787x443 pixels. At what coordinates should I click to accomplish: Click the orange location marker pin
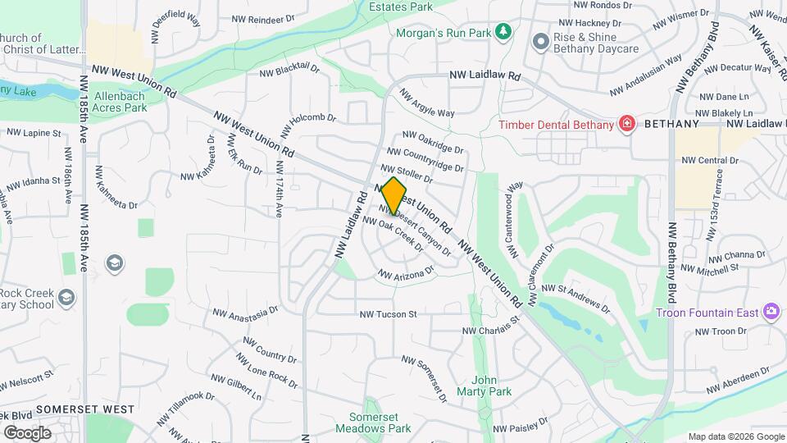pyautogui.click(x=393, y=194)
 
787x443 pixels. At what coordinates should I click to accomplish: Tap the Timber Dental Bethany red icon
pyautogui.click(x=627, y=124)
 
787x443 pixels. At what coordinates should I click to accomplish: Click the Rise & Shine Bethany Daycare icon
pyautogui.click(x=539, y=41)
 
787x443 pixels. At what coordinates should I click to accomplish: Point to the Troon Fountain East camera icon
pyautogui.click(x=770, y=312)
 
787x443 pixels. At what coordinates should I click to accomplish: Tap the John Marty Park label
pyautogui.click(x=492, y=386)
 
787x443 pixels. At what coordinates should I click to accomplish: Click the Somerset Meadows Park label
pyautogui.click(x=373, y=422)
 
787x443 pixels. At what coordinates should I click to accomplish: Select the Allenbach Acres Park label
pyautogui.click(x=120, y=102)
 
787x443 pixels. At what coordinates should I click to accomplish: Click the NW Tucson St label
pyautogui.click(x=389, y=314)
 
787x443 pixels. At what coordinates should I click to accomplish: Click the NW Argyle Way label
pyautogui.click(x=426, y=103)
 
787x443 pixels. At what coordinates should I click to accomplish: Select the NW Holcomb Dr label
pyautogui.click(x=307, y=124)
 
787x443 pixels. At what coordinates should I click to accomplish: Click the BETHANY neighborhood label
pyautogui.click(x=671, y=124)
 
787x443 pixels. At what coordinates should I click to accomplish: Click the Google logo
pyautogui.click(x=27, y=432)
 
